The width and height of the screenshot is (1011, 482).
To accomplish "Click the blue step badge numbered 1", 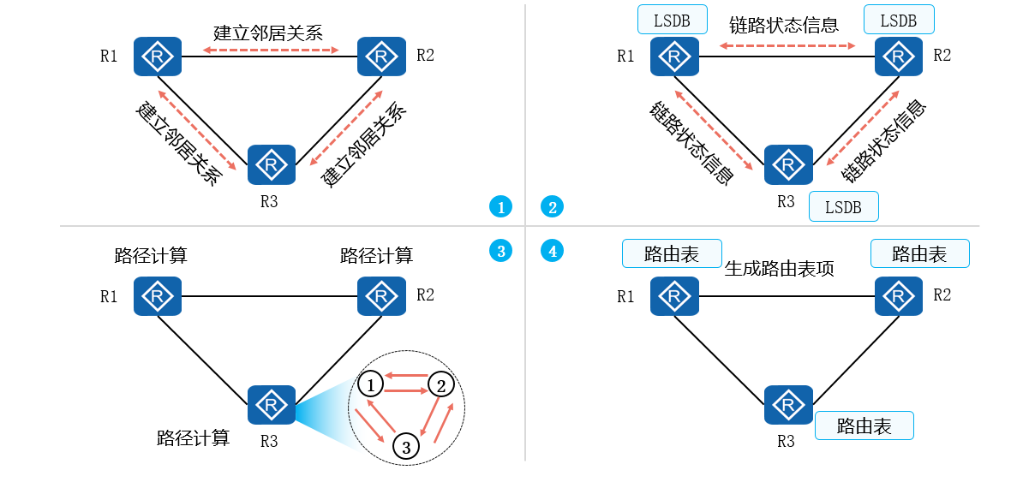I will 500,206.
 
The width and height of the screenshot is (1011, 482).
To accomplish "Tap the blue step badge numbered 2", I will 553,206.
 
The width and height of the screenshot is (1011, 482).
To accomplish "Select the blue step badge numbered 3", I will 500,251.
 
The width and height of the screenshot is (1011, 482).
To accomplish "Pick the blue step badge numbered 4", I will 553,251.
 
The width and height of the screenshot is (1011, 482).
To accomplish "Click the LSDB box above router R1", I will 673,20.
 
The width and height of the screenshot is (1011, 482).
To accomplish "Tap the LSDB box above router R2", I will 899,20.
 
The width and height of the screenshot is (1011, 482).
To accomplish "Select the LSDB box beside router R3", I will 843,206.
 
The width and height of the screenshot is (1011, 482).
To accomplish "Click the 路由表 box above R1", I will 672,253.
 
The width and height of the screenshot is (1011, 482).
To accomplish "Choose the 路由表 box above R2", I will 919,253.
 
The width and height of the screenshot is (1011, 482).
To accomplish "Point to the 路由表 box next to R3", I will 864,425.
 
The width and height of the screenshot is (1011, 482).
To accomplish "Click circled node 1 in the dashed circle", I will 370,384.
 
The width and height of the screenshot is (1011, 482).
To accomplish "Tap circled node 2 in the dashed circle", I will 440,384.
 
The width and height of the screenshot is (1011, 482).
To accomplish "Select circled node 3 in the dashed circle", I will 406,445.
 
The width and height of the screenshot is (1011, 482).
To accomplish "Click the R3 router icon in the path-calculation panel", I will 272,405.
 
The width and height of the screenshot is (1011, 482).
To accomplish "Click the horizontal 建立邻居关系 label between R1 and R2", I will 268,33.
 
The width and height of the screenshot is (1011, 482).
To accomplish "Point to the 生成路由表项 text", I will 780,269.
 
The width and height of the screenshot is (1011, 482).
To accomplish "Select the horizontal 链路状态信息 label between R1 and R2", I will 784,26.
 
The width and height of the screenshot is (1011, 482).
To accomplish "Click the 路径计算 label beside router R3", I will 194,438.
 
